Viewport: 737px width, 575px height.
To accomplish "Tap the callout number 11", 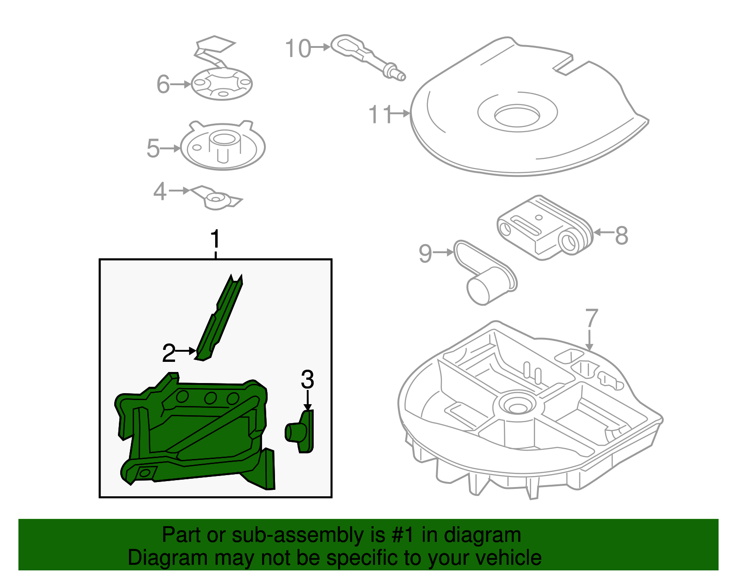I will [x=380, y=114].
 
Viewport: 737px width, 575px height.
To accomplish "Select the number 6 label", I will [x=163, y=84].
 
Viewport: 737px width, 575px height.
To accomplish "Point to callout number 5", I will [x=153, y=149].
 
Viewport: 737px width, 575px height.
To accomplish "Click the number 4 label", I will [x=159, y=191].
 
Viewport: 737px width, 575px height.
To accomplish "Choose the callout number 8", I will [x=621, y=235].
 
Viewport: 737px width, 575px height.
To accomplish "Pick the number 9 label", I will [x=425, y=253].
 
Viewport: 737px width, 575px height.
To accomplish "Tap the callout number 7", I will [x=591, y=319].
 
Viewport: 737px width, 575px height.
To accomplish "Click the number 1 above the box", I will [x=215, y=239].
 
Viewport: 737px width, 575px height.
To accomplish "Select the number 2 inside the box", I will [x=169, y=353].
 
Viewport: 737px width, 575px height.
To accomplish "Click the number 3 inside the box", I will [x=307, y=380].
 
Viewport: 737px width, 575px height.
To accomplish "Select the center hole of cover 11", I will [x=517, y=115].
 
